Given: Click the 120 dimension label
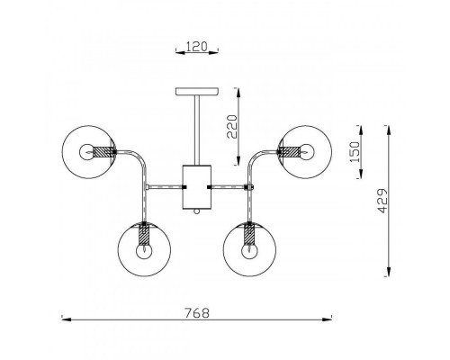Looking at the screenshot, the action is [x=197, y=47].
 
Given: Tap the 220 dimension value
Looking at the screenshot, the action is [x=232, y=127].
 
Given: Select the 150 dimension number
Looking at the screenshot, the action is [x=355, y=152].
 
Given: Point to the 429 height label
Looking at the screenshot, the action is [x=382, y=201].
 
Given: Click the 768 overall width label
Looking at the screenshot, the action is [x=196, y=313].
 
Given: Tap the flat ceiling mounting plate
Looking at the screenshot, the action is [x=197, y=92].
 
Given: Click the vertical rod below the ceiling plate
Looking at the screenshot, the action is [x=197, y=130].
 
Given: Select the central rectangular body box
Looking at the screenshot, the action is [x=197, y=187].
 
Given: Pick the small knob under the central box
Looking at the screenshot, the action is [x=197, y=211].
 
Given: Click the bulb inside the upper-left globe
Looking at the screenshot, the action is [x=86, y=152].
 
